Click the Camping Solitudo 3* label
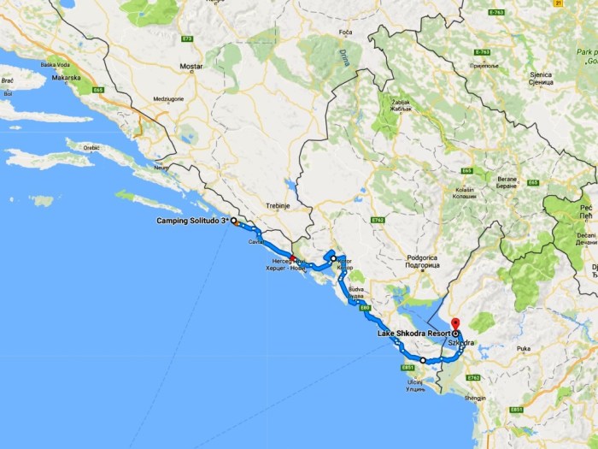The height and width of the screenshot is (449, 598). [192, 221]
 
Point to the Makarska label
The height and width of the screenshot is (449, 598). [66, 78]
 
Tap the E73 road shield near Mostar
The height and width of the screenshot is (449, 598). [188, 38]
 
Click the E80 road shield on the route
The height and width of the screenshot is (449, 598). [365, 307]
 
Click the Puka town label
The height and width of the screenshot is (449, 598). [523, 349]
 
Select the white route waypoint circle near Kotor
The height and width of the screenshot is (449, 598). [333, 258]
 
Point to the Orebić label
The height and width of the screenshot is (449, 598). [91, 148]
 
